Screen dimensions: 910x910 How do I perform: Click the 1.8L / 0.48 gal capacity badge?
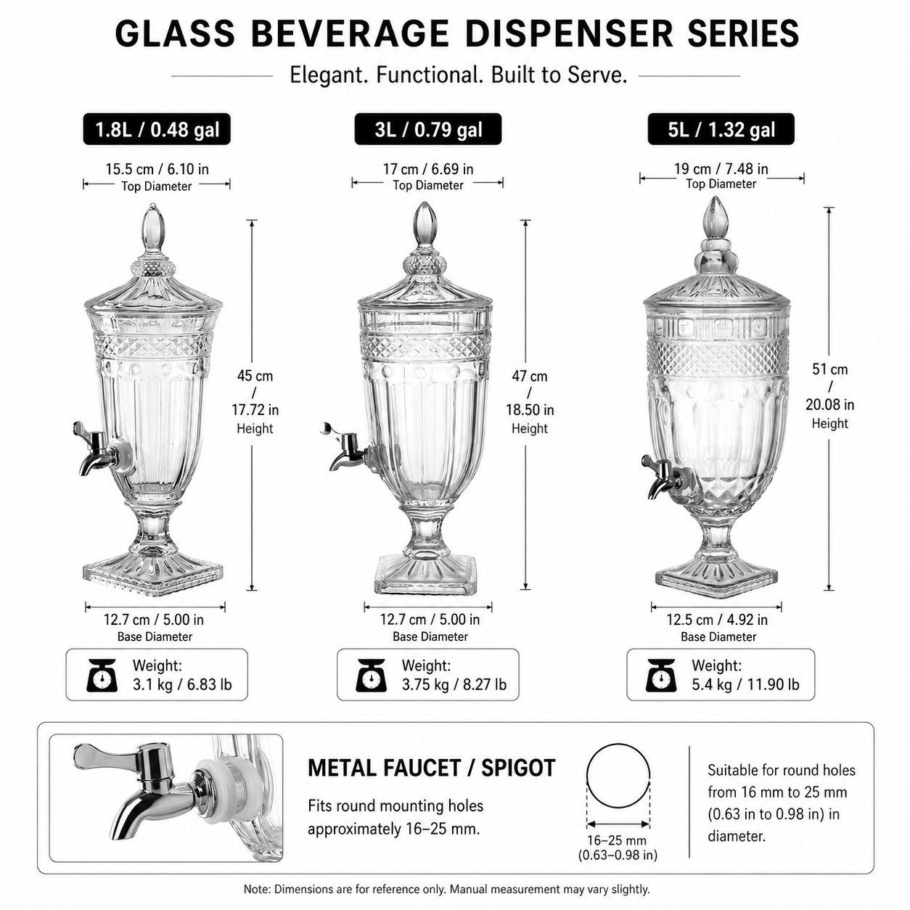point(157,129)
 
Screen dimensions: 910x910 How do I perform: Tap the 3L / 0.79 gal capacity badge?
point(428,129)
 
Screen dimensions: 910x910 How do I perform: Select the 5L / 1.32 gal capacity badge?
point(721,129)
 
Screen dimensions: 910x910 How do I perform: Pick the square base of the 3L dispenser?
point(425,575)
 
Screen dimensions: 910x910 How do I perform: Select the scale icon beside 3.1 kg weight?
point(102,676)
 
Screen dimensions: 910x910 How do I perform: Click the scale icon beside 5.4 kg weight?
point(661,676)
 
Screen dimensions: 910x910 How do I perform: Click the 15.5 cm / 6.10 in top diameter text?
point(157,169)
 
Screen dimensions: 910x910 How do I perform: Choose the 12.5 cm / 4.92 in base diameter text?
point(717,620)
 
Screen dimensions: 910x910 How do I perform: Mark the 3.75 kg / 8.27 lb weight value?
point(454,684)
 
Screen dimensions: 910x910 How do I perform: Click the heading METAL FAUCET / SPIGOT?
point(432,768)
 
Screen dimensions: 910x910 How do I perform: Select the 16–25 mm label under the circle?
point(618,840)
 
